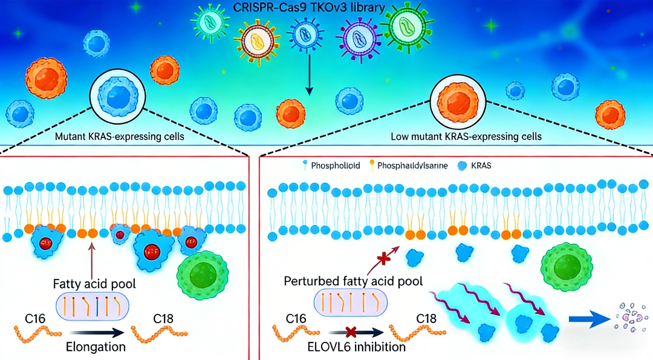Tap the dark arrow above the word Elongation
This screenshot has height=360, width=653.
click(99, 332)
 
